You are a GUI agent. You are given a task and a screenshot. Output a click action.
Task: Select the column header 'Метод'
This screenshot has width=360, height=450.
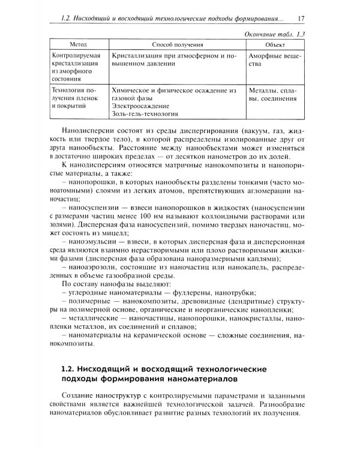coord(79,45)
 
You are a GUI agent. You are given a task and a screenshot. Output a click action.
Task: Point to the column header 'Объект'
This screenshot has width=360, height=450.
coord(275,45)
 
